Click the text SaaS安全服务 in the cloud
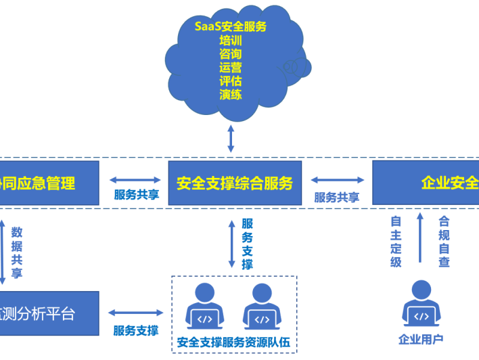point(230,27)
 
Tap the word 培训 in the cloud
point(230,41)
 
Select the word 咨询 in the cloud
point(230,54)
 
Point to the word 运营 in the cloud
point(230,68)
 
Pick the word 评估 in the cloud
point(230,81)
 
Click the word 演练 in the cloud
point(230,95)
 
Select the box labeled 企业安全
point(426,183)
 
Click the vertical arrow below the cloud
point(231,139)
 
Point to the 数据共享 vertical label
point(17,252)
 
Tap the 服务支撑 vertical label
point(248,244)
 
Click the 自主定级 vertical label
point(396,242)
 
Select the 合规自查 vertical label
point(444,242)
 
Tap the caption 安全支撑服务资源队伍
point(233,342)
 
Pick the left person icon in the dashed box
point(204,305)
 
